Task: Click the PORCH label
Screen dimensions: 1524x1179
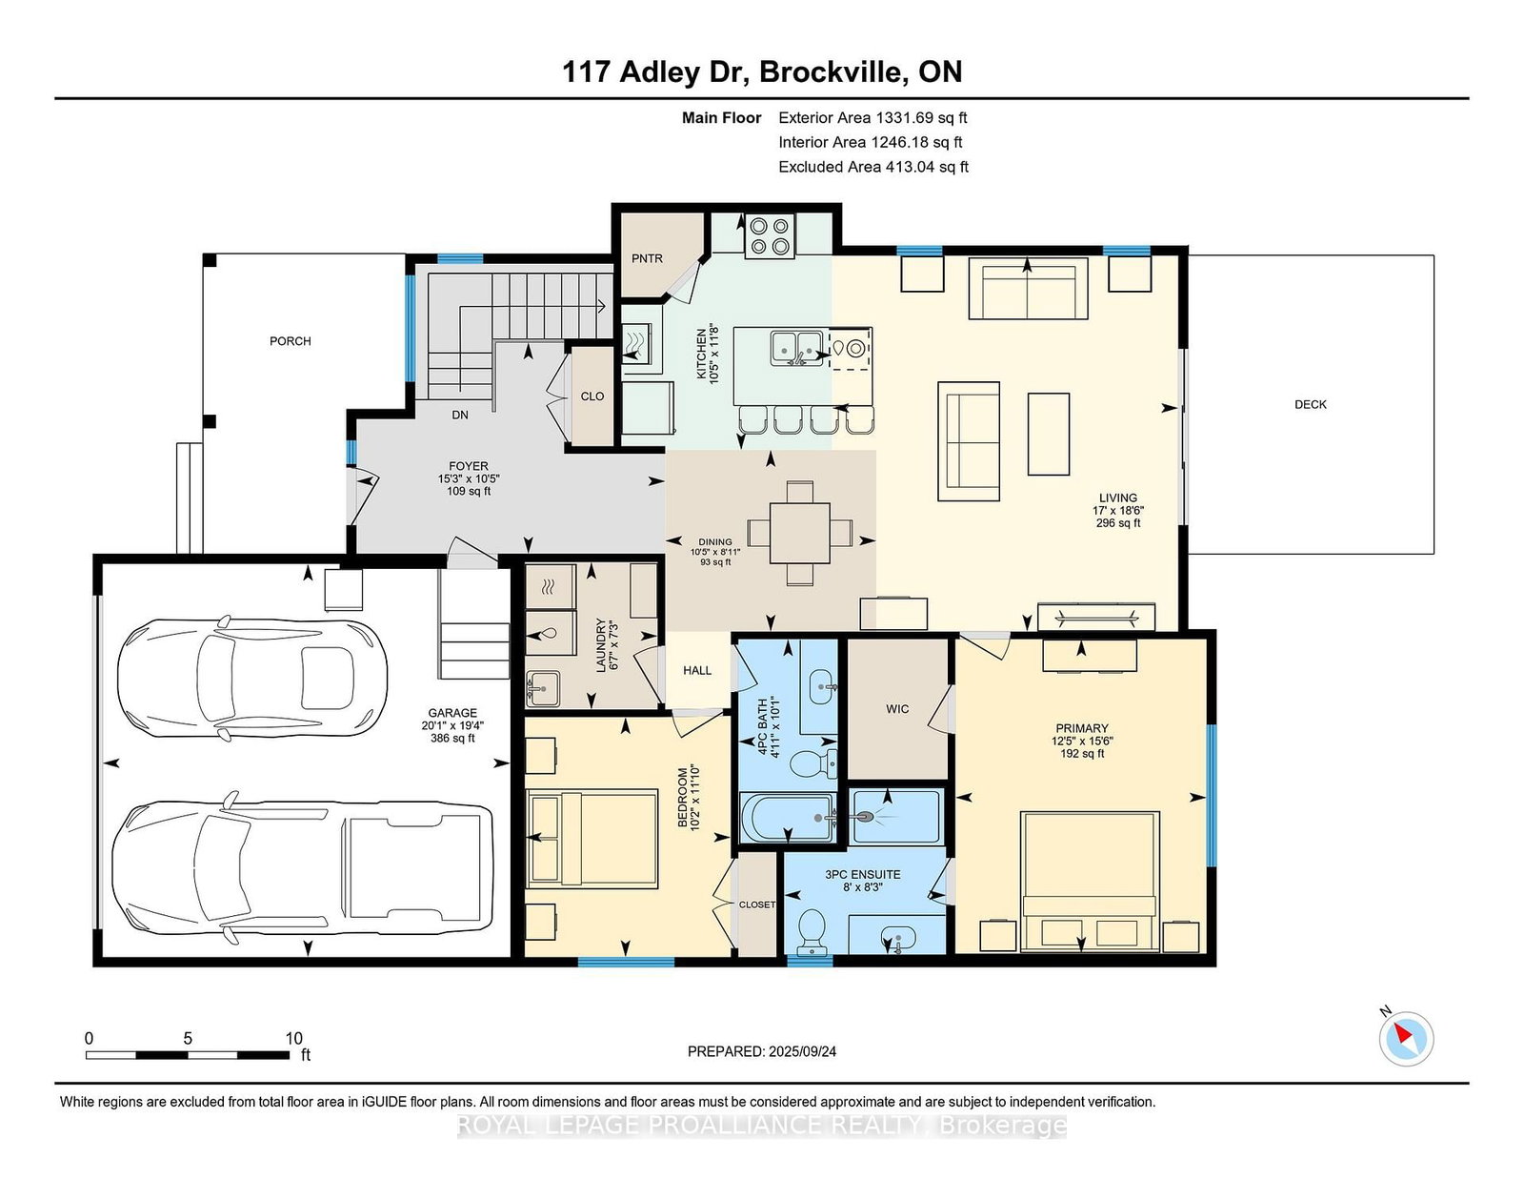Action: pos(290,341)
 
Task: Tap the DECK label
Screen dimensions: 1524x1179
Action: pos(1310,404)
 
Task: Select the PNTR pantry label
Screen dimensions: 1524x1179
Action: pos(647,258)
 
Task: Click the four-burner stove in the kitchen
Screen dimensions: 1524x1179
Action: pos(770,235)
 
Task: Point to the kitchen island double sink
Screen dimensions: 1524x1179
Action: pos(797,347)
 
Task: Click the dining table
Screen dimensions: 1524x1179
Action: pos(799,533)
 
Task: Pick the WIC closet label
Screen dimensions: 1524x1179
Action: pos(897,709)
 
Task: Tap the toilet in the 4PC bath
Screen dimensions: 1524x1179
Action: pos(813,762)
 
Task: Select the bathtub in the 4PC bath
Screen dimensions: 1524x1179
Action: pos(787,817)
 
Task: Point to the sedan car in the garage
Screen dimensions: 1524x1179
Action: pos(252,679)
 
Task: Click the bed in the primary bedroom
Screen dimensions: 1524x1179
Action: pos(1089,882)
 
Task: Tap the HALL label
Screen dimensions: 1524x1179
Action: pos(697,670)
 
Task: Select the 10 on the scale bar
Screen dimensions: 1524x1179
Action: pos(294,1038)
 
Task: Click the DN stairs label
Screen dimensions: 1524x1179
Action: pos(460,415)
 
